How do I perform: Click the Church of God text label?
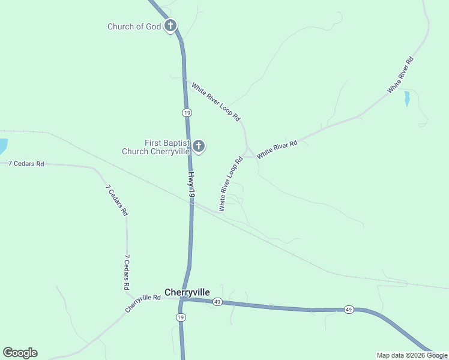pyautogui.click(x=134, y=26)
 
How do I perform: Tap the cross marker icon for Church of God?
pyautogui.click(x=170, y=26)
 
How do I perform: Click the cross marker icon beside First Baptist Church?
pyautogui.click(x=199, y=146)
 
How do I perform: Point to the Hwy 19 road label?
pyautogui.click(x=191, y=185)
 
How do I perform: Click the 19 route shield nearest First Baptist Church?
pyautogui.click(x=187, y=113)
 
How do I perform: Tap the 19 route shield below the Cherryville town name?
pyautogui.click(x=180, y=317)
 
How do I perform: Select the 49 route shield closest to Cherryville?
pyautogui.click(x=218, y=302)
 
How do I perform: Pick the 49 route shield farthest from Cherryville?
pyautogui.click(x=349, y=310)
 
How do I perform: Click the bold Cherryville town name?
pyautogui.click(x=187, y=292)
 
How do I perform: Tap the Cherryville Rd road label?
pyautogui.click(x=143, y=303)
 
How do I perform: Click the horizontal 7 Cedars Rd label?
pyautogui.click(x=26, y=163)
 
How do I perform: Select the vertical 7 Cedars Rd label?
pyautogui.click(x=127, y=272)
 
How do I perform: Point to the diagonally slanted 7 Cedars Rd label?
pyautogui.click(x=116, y=200)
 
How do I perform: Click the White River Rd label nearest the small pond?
pyautogui.click(x=400, y=76)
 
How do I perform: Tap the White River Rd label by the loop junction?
pyautogui.click(x=277, y=149)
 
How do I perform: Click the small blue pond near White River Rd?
pyautogui.click(x=406, y=98)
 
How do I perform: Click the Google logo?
pyautogui.click(x=20, y=353)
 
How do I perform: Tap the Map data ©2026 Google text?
pyautogui.click(x=411, y=355)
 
